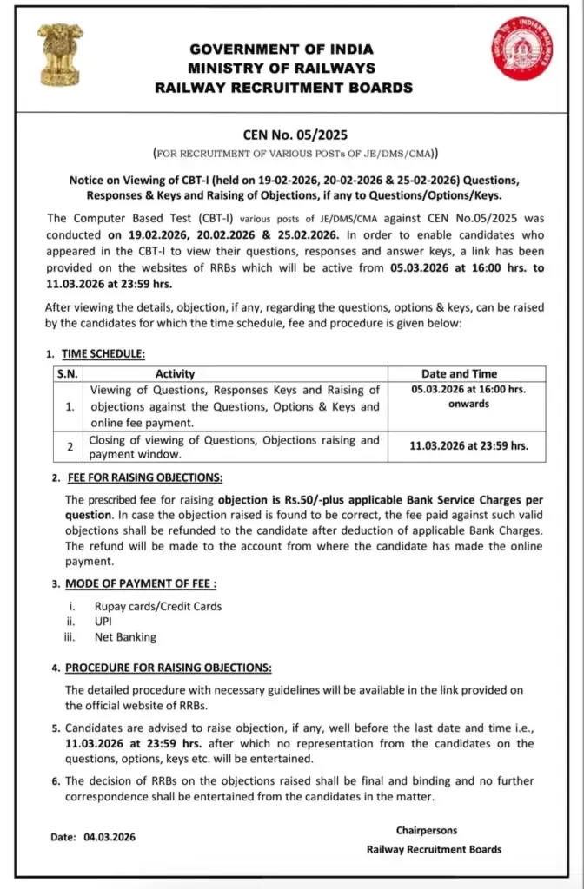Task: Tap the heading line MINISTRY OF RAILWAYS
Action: point(283,69)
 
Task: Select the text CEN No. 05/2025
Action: point(295,135)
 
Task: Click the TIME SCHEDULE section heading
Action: point(107,353)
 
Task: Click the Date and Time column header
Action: point(469,374)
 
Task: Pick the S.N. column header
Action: point(67,374)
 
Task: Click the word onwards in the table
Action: point(469,404)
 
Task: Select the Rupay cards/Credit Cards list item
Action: point(158,606)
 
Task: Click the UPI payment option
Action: point(105,622)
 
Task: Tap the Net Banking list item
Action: point(125,637)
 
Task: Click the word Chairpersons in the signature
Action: point(427,831)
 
